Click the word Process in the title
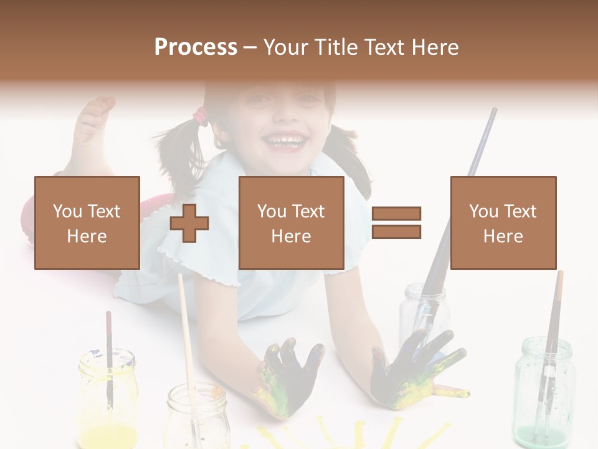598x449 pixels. coord(196,47)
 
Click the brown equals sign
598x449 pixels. coord(396,223)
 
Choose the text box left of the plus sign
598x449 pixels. coord(87,223)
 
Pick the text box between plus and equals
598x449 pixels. coord(291,223)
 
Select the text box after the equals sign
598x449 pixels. coord(503,223)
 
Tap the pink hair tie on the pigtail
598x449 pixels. coord(201,115)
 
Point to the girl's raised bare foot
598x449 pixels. coord(93,122)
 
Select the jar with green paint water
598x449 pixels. coord(544,390)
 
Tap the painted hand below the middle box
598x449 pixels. coord(288,377)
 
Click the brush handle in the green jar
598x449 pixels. coord(556,312)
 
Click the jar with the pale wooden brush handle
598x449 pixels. coord(196,418)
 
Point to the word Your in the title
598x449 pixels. coord(285,47)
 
